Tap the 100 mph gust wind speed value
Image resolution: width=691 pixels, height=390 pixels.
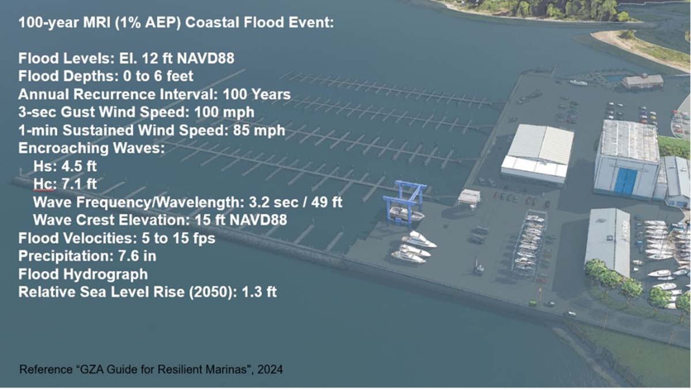click(x=224, y=112)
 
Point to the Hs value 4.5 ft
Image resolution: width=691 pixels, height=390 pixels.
click(x=79, y=166)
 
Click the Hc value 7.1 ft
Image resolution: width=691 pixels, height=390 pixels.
click(x=79, y=184)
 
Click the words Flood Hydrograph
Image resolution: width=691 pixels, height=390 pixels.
click(x=83, y=274)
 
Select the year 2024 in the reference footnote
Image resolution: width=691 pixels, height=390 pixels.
click(x=270, y=369)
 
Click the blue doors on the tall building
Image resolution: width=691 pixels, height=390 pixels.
click(x=625, y=181)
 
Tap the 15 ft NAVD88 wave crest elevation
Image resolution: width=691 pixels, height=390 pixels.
click(x=241, y=220)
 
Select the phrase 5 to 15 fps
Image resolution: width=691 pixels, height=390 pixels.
click(x=179, y=238)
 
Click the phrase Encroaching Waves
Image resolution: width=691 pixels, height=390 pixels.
click(x=92, y=148)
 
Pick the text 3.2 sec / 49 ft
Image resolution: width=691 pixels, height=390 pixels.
click(x=295, y=202)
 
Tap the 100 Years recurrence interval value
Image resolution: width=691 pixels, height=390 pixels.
click(x=257, y=94)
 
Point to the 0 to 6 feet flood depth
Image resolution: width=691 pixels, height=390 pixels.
click(x=158, y=76)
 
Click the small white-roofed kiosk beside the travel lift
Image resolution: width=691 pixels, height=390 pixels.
click(x=469, y=197)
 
